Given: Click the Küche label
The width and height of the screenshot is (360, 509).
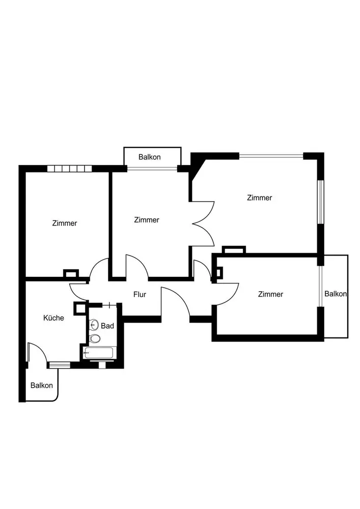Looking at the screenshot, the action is (53, 318).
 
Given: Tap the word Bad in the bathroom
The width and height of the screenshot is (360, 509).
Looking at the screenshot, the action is (107, 326).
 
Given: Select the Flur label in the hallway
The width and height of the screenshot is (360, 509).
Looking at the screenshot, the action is (140, 294).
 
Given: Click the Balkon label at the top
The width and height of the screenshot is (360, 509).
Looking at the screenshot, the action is (150, 157).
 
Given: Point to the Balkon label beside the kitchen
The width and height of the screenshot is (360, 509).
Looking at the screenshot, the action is (42, 385).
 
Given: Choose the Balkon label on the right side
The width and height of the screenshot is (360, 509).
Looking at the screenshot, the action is (336, 294).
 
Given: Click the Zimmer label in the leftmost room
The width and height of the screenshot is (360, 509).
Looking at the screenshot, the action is (65, 223).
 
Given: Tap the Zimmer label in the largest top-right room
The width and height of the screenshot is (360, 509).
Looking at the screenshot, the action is (259, 198).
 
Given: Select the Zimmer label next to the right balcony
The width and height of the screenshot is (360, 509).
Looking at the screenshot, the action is (270, 294).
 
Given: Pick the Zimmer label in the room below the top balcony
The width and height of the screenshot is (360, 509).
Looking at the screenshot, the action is (147, 220).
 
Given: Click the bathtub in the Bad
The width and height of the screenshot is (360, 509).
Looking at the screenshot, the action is (100, 352).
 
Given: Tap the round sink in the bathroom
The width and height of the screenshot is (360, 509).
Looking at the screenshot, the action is (94, 325).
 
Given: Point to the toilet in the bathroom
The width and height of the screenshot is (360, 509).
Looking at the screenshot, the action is (95, 338).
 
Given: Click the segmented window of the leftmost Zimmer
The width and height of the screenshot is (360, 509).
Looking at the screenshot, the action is (69, 168).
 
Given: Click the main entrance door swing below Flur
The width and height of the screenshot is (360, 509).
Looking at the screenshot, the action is (176, 303).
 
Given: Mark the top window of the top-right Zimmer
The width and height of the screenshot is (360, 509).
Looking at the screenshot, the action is (271, 156).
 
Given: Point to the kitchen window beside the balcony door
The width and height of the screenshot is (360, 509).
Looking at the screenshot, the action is (60, 364).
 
